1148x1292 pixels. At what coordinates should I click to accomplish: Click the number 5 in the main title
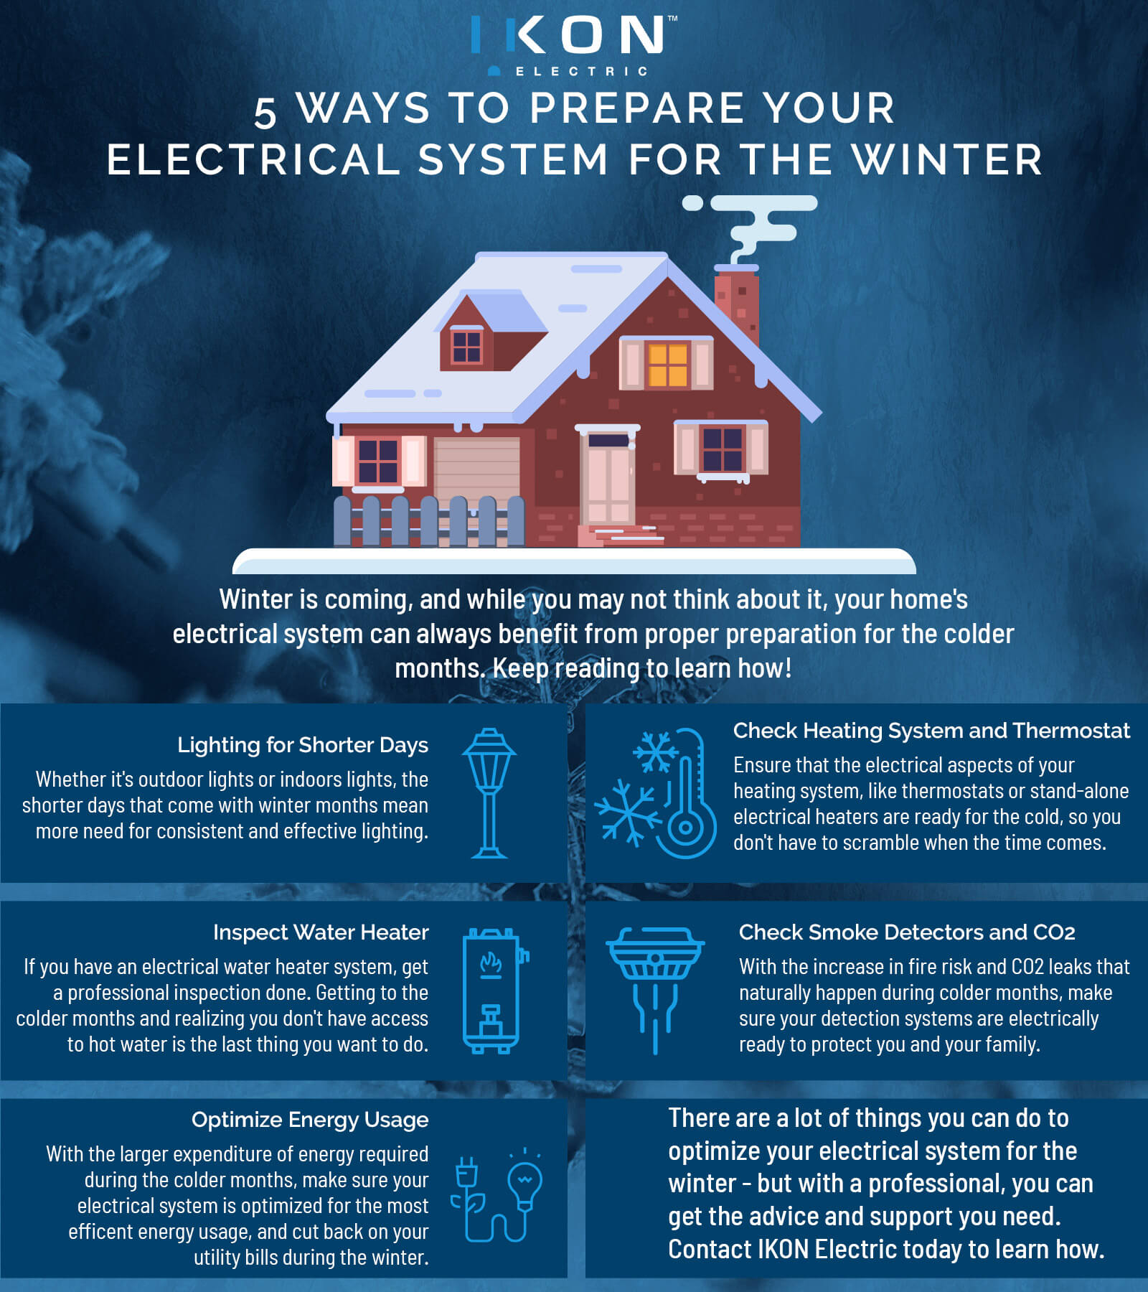coord(265,113)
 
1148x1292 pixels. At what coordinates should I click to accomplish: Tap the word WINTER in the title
coord(947,159)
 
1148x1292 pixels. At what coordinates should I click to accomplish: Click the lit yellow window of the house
coord(667,365)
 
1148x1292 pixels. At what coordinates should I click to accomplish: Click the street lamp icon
coord(489,793)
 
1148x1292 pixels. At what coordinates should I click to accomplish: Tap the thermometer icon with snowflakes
coord(656,793)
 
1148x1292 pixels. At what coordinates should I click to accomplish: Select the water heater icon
coord(494,991)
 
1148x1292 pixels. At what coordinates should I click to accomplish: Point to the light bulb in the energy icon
coord(524,1184)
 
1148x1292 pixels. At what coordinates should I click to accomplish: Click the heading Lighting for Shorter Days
coord(303,746)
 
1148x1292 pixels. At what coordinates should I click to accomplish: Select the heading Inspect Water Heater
coord(321,932)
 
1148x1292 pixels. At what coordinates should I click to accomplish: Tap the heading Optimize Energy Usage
coord(310,1120)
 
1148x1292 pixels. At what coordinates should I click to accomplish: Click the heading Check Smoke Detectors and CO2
coord(907,932)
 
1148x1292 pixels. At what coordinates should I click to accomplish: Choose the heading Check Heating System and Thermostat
coord(931,731)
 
